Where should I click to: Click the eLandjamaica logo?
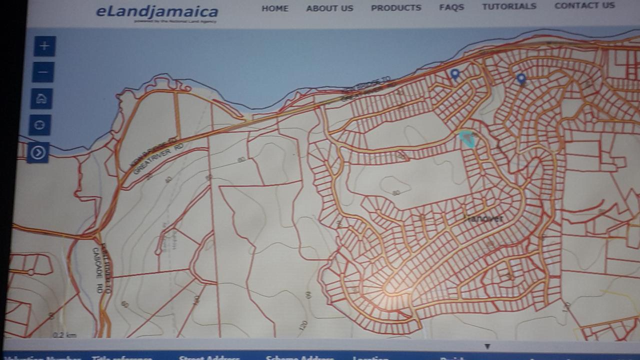(x=156, y=12)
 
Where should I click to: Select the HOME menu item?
(x=275, y=8)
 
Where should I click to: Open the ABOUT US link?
(x=329, y=8)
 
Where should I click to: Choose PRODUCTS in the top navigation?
(x=396, y=8)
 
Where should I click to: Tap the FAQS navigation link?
(x=451, y=7)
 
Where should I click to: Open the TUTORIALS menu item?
(x=509, y=6)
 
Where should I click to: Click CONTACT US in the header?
(x=584, y=5)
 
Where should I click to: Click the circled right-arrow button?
(x=38, y=152)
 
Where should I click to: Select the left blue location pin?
(x=454, y=75)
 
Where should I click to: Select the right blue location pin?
(x=521, y=79)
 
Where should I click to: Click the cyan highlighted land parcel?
(x=467, y=138)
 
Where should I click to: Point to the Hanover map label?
(x=483, y=219)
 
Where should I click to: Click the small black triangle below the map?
(x=487, y=346)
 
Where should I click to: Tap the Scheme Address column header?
(x=299, y=357)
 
